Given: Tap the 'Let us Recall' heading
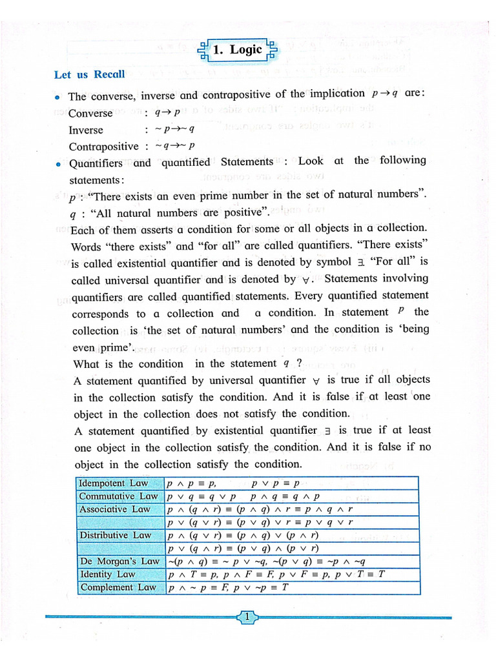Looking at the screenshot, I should click(x=89, y=74).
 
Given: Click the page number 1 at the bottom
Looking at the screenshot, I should click(x=248, y=618).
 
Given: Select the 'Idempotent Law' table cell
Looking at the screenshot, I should click(x=113, y=483).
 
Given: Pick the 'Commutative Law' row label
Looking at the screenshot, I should click(x=118, y=496).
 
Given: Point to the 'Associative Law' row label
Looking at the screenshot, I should click(x=114, y=509).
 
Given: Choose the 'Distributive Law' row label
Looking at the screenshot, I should click(x=115, y=535).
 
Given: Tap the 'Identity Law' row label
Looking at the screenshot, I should click(x=107, y=574).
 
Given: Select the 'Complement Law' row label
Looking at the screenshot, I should click(x=117, y=587).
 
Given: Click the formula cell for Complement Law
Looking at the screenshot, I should click(x=227, y=587).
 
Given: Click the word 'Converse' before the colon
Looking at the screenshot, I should click(x=90, y=113).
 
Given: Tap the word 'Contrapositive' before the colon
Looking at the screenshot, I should click(x=103, y=147).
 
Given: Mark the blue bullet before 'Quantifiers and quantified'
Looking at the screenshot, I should click(x=58, y=164).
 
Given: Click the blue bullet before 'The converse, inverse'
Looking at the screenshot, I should click(x=58, y=97).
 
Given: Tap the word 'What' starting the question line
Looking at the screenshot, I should click(x=86, y=363).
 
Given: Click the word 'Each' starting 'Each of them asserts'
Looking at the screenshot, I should click(x=81, y=229).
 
